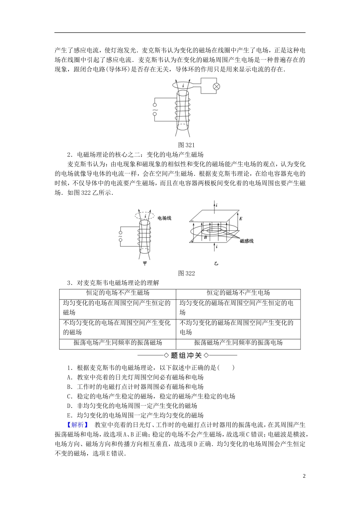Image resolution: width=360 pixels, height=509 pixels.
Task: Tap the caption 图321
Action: [186, 145]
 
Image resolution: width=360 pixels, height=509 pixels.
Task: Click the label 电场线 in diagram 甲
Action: [164, 218]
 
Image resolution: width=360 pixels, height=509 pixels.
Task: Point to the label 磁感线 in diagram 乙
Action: [247, 241]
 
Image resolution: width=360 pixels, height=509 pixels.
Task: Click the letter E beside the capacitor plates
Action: [241, 219]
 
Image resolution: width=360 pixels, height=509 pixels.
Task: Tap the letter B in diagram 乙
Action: [205, 237]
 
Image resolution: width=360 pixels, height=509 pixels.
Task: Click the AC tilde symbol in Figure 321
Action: [155, 112]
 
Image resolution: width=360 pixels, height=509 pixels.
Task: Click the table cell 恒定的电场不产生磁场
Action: [117, 293]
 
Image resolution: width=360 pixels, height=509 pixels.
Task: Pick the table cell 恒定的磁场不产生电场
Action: [238, 293]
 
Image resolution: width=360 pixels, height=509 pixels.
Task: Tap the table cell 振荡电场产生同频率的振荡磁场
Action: [117, 343]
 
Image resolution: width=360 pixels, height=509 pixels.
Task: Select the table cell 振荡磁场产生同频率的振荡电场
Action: [238, 343]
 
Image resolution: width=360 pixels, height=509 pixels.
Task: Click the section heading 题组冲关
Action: [186, 355]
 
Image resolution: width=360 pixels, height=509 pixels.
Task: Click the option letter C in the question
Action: [69, 396]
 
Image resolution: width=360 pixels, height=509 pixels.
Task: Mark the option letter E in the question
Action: [69, 415]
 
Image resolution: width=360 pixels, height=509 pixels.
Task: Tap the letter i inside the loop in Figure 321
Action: [183, 86]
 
